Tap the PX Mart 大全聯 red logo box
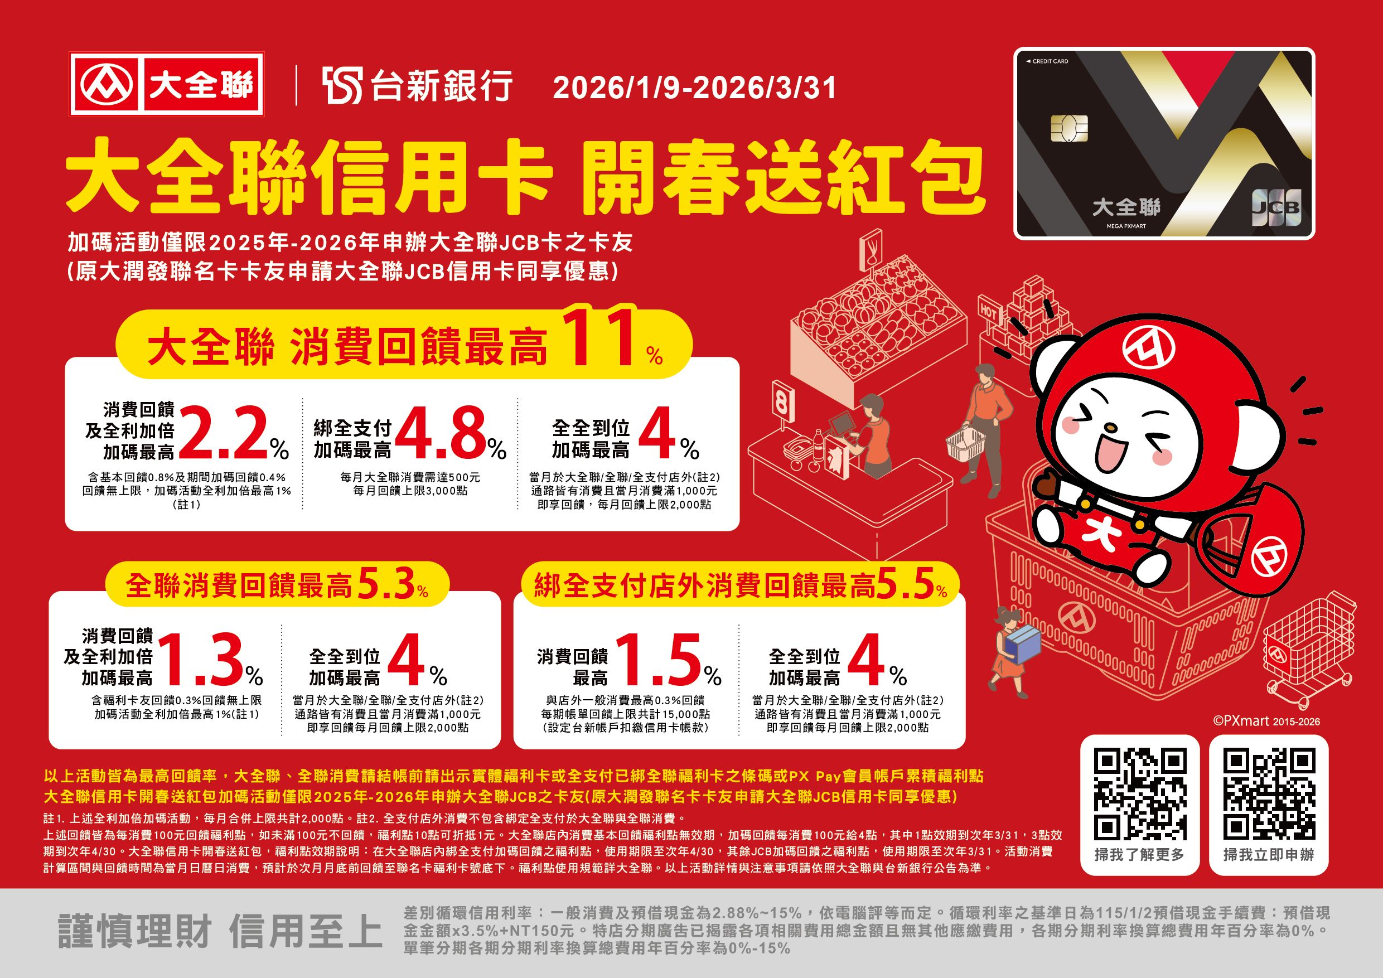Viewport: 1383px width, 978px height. pyautogui.click(x=167, y=84)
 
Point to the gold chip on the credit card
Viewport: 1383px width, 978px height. pyautogui.click(x=1069, y=127)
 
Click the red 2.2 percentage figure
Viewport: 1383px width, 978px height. pyautogui.click(x=221, y=432)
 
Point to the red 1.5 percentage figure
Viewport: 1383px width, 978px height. pyautogui.click(x=660, y=660)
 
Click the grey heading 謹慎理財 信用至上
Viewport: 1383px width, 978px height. pyautogui.click(x=220, y=931)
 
